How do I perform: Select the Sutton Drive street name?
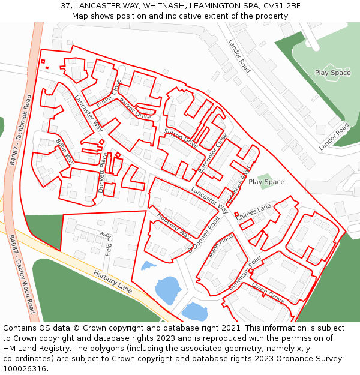(181, 138)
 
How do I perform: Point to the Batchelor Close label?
(213, 152)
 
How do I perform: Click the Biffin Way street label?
(65, 152)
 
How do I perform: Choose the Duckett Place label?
(103, 172)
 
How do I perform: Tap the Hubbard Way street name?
(173, 226)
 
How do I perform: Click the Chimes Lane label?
(253, 213)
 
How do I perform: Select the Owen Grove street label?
(268, 292)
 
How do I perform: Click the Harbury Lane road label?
(113, 281)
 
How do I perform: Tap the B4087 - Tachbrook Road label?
(20, 130)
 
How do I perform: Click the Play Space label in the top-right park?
(332, 73)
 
